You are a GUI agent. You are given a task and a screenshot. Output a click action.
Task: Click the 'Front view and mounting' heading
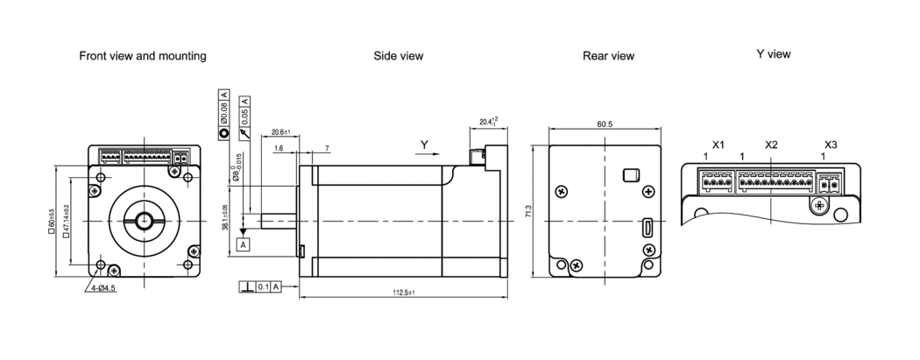[143, 56]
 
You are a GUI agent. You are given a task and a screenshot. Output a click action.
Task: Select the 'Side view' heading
[399, 56]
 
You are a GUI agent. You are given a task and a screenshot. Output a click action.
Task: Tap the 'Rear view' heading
[608, 56]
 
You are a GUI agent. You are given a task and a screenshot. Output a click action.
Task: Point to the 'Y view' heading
[774, 54]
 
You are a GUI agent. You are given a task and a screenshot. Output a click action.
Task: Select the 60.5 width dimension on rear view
[605, 125]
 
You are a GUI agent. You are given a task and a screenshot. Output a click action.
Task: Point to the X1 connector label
[718, 144]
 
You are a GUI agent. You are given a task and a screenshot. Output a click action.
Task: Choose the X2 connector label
[771, 144]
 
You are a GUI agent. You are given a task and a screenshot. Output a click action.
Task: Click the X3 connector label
[832, 144]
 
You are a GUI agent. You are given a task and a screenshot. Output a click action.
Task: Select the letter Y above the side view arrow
[424, 144]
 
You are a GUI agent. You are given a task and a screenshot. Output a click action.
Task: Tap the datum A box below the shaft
[243, 244]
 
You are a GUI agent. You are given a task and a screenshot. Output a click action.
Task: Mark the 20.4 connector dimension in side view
[488, 122]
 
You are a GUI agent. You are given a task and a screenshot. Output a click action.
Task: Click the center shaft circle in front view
[143, 220]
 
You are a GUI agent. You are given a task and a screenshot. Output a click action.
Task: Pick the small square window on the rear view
[628, 175]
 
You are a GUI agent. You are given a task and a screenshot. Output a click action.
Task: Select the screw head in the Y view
[820, 206]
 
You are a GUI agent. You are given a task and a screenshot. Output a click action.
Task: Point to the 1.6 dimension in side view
[278, 149]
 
